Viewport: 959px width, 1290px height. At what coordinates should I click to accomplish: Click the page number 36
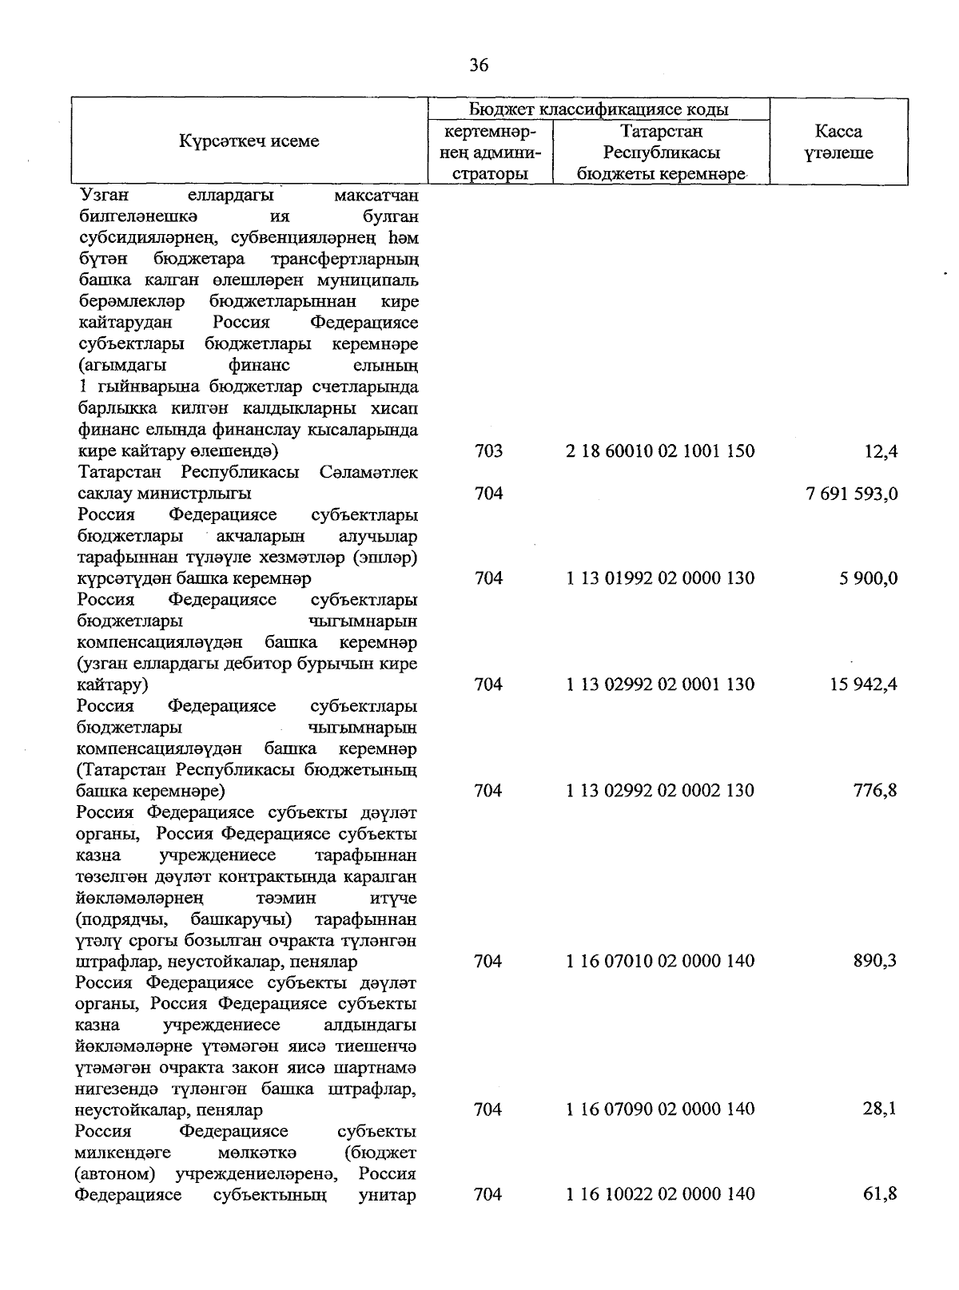pyautogui.click(x=479, y=65)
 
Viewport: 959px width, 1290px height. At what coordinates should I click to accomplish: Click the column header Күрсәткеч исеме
pyautogui.click(x=249, y=141)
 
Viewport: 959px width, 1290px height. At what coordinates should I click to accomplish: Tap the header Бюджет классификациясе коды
pyautogui.click(x=598, y=109)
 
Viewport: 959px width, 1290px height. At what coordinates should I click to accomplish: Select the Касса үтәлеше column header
pyautogui.click(x=838, y=142)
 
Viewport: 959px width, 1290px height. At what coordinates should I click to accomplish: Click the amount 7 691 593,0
pyautogui.click(x=852, y=494)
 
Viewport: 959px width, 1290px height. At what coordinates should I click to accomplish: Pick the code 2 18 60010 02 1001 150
pyautogui.click(x=660, y=451)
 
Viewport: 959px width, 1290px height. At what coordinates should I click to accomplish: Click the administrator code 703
pyautogui.click(x=488, y=451)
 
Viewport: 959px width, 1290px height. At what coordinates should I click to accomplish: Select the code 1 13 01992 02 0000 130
pyautogui.click(x=660, y=578)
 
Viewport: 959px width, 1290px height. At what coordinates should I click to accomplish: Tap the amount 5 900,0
pyautogui.click(x=868, y=578)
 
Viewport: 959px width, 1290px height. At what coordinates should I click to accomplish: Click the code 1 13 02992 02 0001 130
pyautogui.click(x=660, y=685)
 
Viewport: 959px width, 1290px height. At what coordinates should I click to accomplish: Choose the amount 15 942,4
pyautogui.click(x=863, y=685)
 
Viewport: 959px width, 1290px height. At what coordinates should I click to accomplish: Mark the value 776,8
pyautogui.click(x=875, y=791)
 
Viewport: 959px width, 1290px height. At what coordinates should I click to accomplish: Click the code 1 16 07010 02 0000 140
pyautogui.click(x=660, y=961)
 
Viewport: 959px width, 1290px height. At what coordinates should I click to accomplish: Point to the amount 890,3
pyautogui.click(x=875, y=961)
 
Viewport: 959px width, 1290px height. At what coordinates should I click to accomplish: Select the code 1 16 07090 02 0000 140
pyautogui.click(x=660, y=1109)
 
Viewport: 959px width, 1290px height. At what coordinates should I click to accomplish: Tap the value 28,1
pyautogui.click(x=881, y=1109)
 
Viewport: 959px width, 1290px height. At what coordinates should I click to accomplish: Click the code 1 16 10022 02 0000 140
pyautogui.click(x=660, y=1194)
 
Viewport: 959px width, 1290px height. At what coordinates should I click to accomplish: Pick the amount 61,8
pyautogui.click(x=881, y=1194)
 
